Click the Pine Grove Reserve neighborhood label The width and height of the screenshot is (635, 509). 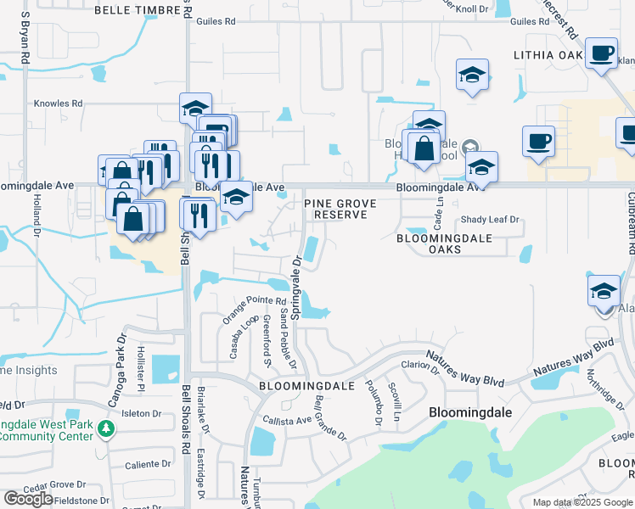[x=340, y=209]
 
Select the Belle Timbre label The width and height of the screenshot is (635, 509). [x=135, y=9]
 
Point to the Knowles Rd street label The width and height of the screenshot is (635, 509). [x=58, y=103]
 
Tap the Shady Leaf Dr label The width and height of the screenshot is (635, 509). [x=489, y=220]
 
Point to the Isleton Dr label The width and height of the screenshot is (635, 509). [x=141, y=414]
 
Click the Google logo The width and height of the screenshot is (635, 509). [x=28, y=499]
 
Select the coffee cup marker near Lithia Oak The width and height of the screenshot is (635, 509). [x=602, y=53]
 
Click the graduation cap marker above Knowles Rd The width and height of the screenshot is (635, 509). [x=195, y=108]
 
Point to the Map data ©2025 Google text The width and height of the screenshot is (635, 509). [x=582, y=502]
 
